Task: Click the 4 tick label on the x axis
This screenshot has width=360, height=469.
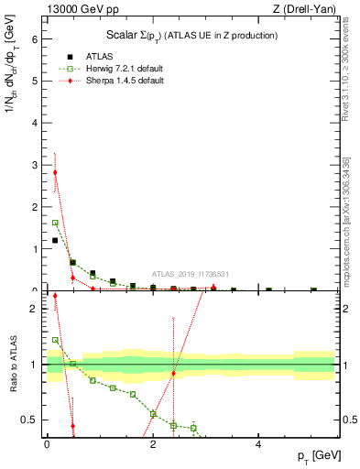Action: pos(259,444)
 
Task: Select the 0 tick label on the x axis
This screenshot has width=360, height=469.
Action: pos(47,444)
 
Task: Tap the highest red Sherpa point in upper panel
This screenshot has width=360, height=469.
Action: pos(55,172)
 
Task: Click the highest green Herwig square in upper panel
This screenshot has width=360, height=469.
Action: pos(55,223)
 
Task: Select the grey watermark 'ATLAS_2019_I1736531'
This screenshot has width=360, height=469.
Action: pos(191,274)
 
